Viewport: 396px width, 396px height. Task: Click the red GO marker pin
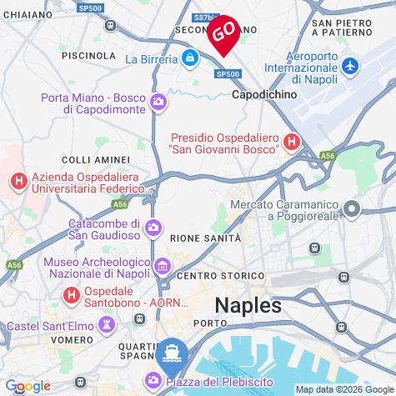[223, 33]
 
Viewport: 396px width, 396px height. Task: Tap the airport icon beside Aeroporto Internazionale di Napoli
[350, 65]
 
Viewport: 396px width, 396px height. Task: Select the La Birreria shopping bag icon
[190, 58]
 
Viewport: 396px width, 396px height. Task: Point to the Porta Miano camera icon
[158, 103]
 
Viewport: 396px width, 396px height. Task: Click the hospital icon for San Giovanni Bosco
[291, 142]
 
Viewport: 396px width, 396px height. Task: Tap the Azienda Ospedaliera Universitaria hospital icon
[18, 180]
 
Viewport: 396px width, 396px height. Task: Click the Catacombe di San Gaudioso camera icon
[153, 228]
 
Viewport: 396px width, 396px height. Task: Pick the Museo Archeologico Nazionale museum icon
[163, 267]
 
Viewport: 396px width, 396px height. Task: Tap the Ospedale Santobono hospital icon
[72, 295]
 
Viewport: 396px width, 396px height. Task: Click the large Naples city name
[248, 305]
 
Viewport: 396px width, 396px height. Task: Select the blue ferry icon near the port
[171, 352]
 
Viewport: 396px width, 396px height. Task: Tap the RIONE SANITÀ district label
[205, 238]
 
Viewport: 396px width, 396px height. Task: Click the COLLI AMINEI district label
[96, 159]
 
